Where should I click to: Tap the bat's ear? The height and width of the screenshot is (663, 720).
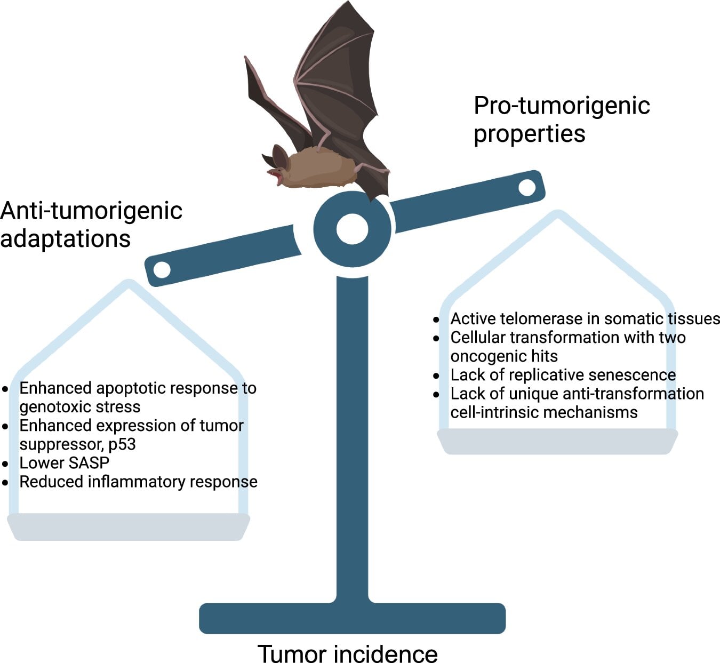[279, 156]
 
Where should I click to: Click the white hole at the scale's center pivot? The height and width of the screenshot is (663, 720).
[353, 229]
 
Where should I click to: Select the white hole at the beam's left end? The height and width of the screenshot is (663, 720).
[162, 269]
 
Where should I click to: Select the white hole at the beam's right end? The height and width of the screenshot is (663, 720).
[527, 187]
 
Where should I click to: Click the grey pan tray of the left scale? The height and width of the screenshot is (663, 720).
[129, 526]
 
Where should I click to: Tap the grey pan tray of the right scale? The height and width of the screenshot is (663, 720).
[557, 441]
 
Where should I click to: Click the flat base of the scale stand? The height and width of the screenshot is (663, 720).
[352, 618]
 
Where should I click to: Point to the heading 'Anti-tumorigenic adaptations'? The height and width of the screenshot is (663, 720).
[91, 225]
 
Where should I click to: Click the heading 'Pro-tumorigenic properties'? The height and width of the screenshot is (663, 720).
[561, 119]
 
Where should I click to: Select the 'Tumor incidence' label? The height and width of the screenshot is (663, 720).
[348, 653]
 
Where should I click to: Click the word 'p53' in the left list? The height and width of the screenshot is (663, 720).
[122, 444]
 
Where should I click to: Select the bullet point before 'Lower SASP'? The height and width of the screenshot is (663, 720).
[5, 464]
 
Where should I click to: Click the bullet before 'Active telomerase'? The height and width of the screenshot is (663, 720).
[436, 319]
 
